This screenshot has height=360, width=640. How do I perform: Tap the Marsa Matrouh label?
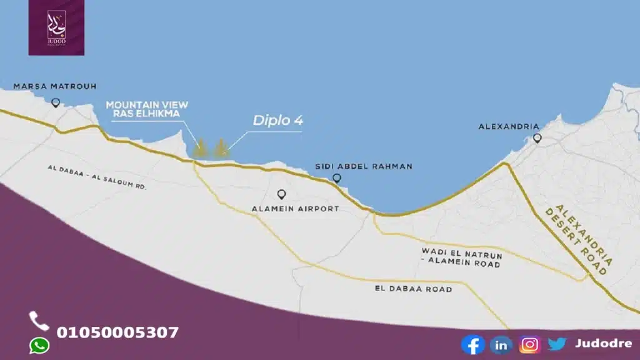click(55, 86)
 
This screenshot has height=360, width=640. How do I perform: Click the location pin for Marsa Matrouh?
click(56, 102)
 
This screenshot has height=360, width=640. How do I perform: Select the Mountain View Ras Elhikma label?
click(147, 108)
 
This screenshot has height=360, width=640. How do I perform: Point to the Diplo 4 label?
click(278, 121)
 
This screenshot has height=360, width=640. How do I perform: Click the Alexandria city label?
click(508, 126)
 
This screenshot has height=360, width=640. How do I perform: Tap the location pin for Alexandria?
click(537, 138)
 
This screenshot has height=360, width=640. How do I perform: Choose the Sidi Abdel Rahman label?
click(364, 166)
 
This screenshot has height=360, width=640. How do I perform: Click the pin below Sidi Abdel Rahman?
click(337, 179)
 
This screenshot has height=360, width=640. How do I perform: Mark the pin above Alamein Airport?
click(281, 194)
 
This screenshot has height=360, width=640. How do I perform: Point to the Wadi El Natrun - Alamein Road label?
click(461, 257)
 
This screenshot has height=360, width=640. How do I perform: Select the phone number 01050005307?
click(117, 332)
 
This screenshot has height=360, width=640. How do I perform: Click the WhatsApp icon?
click(39, 345)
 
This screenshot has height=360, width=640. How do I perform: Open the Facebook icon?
click(472, 344)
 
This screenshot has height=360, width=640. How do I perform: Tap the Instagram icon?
click(529, 344)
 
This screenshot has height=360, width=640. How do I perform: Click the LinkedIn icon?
click(501, 344)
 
